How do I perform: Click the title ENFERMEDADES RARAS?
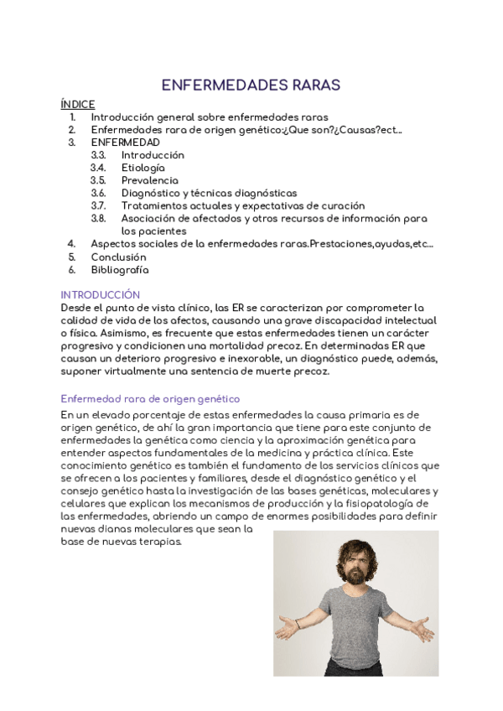coord(251,86)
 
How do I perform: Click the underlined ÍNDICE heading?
coord(78,105)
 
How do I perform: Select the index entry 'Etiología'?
coord(143,168)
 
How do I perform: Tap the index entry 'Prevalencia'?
coord(149,180)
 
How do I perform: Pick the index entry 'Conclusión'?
coord(118,257)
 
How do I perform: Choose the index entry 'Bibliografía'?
coord(120,269)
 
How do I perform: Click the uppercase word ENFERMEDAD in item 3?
coord(125,143)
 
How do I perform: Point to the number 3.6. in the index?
coord(98,193)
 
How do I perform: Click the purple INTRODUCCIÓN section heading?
coord(100,295)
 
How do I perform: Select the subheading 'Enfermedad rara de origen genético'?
coord(150,398)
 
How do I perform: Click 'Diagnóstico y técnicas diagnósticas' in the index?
coord(209,193)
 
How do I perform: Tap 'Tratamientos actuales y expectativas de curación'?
coord(243,205)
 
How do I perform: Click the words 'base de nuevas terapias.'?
coord(121,542)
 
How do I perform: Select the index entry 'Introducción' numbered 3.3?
coord(153,155)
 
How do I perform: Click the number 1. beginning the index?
coord(72,117)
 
